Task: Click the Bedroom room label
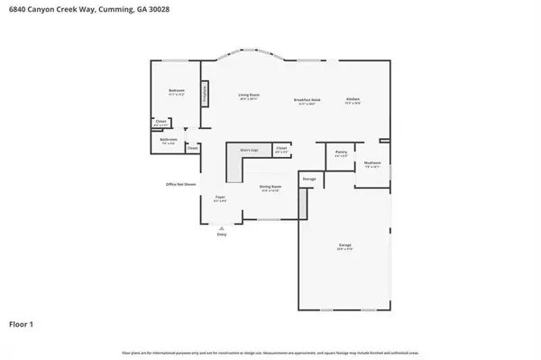click(x=176, y=91)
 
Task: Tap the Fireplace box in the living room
click(x=205, y=93)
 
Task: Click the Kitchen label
click(x=353, y=99)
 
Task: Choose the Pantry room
click(x=341, y=154)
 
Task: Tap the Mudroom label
click(x=372, y=165)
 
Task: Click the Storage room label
click(x=308, y=179)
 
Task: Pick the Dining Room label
click(x=270, y=187)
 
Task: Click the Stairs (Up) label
click(x=243, y=150)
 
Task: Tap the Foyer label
click(x=219, y=198)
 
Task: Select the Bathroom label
click(x=168, y=140)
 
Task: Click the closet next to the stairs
click(x=281, y=149)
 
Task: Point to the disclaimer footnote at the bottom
click(x=270, y=353)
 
